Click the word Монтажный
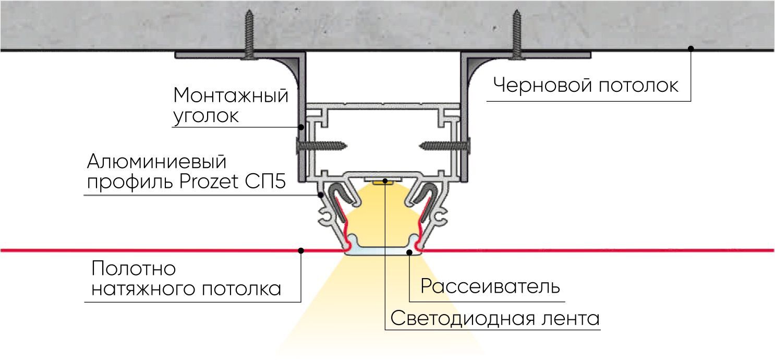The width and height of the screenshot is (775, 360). (231, 96)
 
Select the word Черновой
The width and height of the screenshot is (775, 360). (541, 85)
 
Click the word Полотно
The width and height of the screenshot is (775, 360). (134, 269)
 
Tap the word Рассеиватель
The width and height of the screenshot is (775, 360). (490, 286)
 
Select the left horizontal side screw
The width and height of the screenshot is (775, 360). (321, 145)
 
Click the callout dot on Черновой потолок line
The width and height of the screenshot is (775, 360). (691, 49)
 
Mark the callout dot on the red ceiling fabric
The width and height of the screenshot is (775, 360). (301, 250)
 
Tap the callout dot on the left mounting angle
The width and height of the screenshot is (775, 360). (301, 127)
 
